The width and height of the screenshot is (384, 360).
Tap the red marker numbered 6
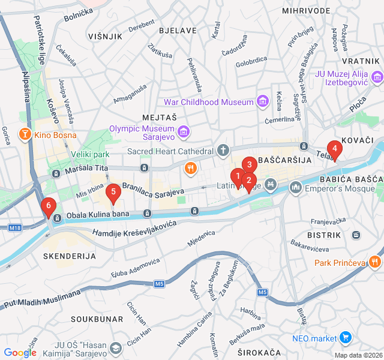coord(48,207)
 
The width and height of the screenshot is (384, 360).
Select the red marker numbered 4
coord(334,148)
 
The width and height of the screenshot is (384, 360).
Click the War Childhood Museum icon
coord(262,102)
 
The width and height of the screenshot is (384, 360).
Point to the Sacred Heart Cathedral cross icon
coord(223,151)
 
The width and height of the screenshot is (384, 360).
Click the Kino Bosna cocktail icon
coord(25,134)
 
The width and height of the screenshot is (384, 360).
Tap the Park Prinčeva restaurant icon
coord(375,262)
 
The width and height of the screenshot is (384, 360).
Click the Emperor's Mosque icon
coord(295,188)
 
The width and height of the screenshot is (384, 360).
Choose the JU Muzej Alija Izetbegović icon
coord(377,77)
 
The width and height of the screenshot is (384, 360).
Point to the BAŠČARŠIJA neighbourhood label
coord(285,161)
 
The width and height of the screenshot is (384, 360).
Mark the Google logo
coord(20,353)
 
